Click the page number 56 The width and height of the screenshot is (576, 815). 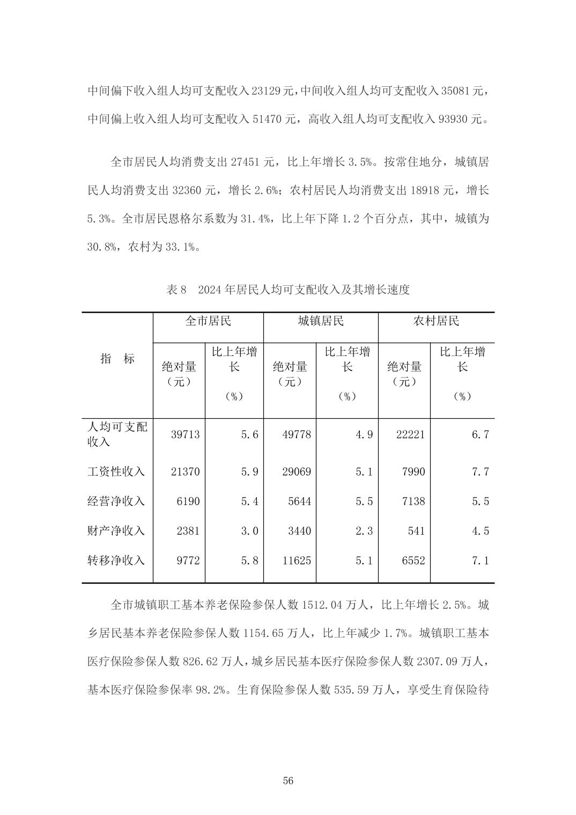[x=288, y=780]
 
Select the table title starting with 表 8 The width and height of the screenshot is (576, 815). [x=288, y=290]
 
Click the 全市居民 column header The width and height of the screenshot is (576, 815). [x=208, y=321]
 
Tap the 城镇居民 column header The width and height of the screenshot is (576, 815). [x=321, y=321]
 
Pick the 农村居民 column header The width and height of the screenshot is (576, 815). [x=436, y=321]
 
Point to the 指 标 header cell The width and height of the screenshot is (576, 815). [x=117, y=359]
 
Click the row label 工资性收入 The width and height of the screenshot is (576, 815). [x=116, y=472]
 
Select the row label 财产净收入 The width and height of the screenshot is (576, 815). [x=116, y=531]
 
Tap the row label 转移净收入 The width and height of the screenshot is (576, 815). [x=116, y=560]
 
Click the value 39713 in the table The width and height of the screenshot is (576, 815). [x=185, y=434]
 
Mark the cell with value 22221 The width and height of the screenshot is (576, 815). [x=410, y=434]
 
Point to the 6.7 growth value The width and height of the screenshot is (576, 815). [x=480, y=434]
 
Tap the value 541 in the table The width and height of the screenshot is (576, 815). [x=416, y=531]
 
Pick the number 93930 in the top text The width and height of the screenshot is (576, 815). [x=454, y=119]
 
